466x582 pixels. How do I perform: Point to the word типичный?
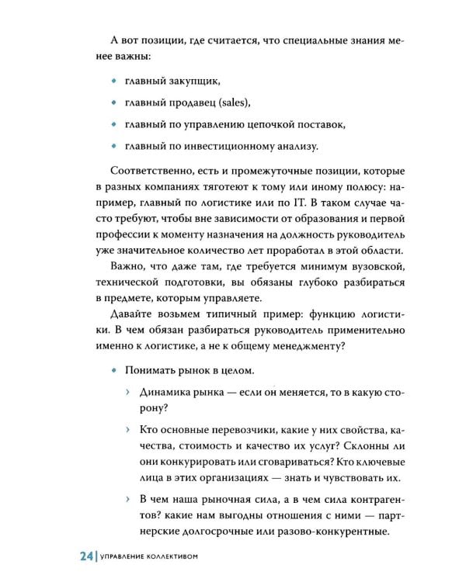235,310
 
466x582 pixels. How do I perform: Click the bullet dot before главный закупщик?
113,81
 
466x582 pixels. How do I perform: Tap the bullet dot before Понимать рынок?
113,370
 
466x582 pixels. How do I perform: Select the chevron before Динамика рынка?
129,393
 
